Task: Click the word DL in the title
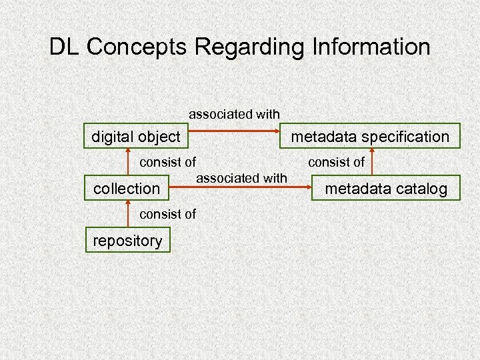pos(65,47)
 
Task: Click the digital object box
pos(136,137)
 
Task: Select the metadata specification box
pos(368,137)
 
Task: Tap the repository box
pos(127,240)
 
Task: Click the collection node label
pos(127,189)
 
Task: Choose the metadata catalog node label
pos(385,189)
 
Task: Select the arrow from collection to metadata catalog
pos(240,189)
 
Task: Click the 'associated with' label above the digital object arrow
pos(234,114)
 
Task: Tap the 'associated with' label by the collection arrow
pos(241,177)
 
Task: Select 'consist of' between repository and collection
pos(167,214)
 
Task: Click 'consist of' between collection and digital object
pos(167,161)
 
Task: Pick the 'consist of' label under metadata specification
pos(336,161)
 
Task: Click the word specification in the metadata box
pos(404,137)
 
